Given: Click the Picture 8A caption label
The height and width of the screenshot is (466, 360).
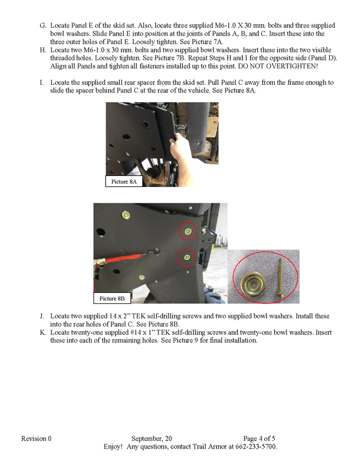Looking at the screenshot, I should click(x=124, y=182).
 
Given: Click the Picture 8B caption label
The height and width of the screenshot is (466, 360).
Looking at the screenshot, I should click(x=112, y=298).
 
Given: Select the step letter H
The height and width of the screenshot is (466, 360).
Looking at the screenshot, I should click(x=42, y=51).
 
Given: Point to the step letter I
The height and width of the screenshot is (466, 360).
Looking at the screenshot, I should click(x=42, y=83).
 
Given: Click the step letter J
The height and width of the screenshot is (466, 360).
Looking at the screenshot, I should click(x=42, y=316).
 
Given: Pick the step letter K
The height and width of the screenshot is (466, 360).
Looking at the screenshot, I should click(x=42, y=333).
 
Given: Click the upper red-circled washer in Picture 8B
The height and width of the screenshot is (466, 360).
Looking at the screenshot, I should click(x=187, y=231).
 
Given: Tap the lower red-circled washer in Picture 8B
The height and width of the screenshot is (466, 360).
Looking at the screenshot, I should click(x=186, y=255).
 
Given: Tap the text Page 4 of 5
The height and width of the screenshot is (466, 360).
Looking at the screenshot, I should click(x=263, y=438).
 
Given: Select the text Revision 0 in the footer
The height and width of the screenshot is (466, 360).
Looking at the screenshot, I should click(x=37, y=438).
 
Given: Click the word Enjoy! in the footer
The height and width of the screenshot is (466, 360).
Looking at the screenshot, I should click(x=113, y=446).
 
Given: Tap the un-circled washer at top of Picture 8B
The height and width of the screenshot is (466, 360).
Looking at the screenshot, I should click(x=126, y=214).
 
